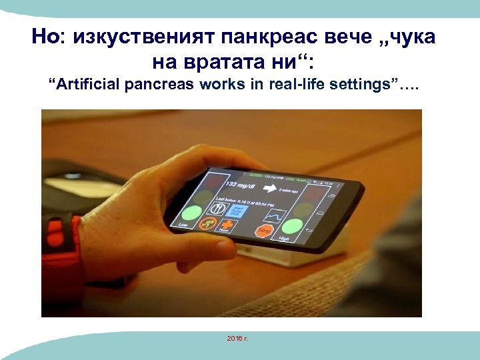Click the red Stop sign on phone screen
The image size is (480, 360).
coord(263,231)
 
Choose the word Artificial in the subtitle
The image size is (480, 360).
coord(87,85)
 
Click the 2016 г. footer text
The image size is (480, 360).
coord(237,339)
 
